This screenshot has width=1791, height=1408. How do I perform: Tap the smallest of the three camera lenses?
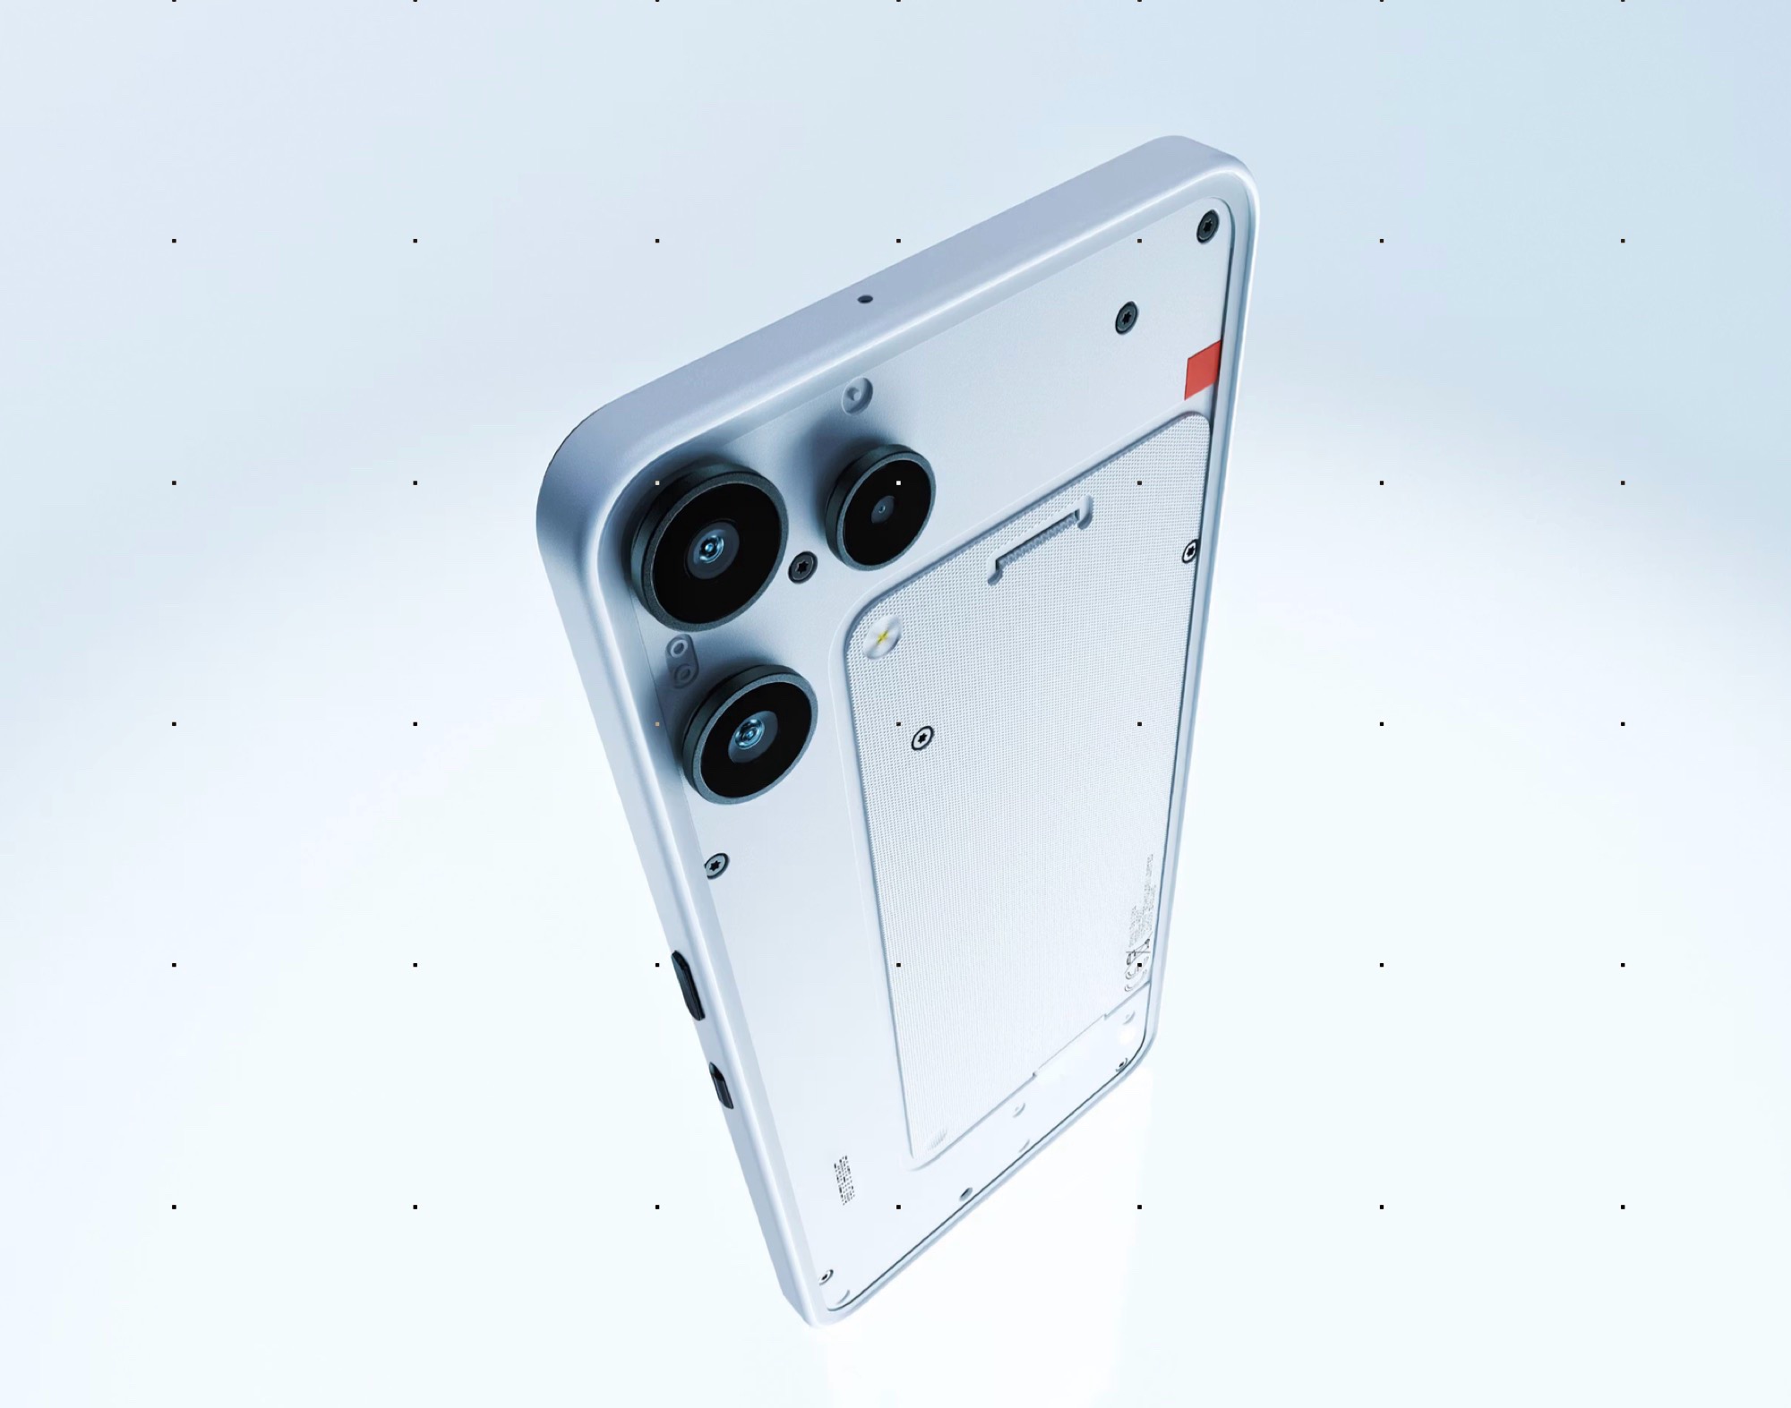[881, 508]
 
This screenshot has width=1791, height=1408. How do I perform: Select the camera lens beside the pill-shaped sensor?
[749, 734]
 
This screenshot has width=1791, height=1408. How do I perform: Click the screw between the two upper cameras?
[803, 564]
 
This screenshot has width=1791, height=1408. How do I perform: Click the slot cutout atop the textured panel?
[1039, 540]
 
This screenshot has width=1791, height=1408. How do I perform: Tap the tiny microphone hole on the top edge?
[863, 299]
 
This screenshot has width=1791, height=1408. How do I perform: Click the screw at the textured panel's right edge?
[1189, 551]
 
